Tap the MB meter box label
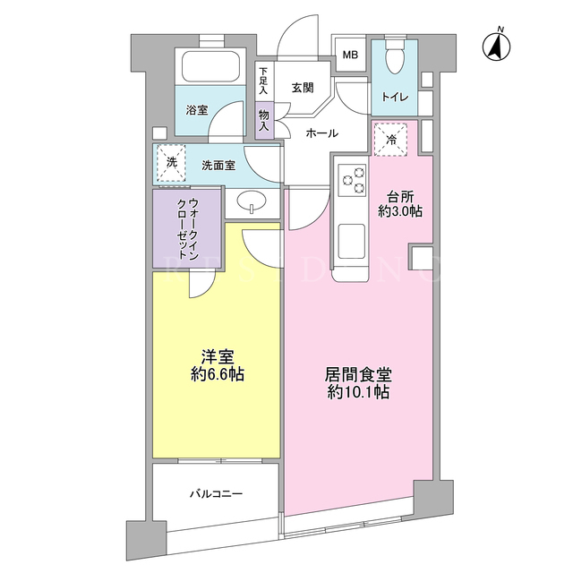[x=350, y=55]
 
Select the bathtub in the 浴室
[x=210, y=66]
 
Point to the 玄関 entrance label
[x=303, y=88]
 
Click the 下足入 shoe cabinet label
[x=263, y=81]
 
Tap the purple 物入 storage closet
[x=264, y=120]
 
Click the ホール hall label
[x=322, y=133]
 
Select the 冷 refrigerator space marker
[x=391, y=140]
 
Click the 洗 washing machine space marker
[x=171, y=163]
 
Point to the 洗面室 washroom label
[x=218, y=166]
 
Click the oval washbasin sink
[x=252, y=201]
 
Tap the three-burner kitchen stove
[x=352, y=179]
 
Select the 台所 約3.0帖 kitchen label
[x=400, y=205]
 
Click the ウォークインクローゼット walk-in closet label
[x=187, y=228]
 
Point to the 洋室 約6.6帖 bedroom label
[x=218, y=365]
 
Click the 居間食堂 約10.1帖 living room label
[x=358, y=383]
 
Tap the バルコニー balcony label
[x=216, y=494]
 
